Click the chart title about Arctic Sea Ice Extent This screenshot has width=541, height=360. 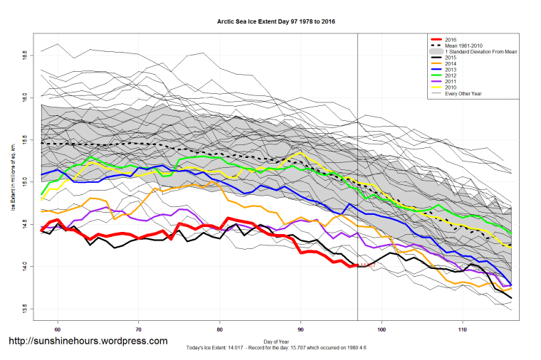point(276,21)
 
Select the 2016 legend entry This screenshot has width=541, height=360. point(451,39)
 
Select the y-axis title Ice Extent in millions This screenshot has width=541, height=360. point(13,181)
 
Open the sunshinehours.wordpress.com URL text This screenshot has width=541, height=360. point(88,341)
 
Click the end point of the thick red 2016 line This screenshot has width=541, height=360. point(357,266)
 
